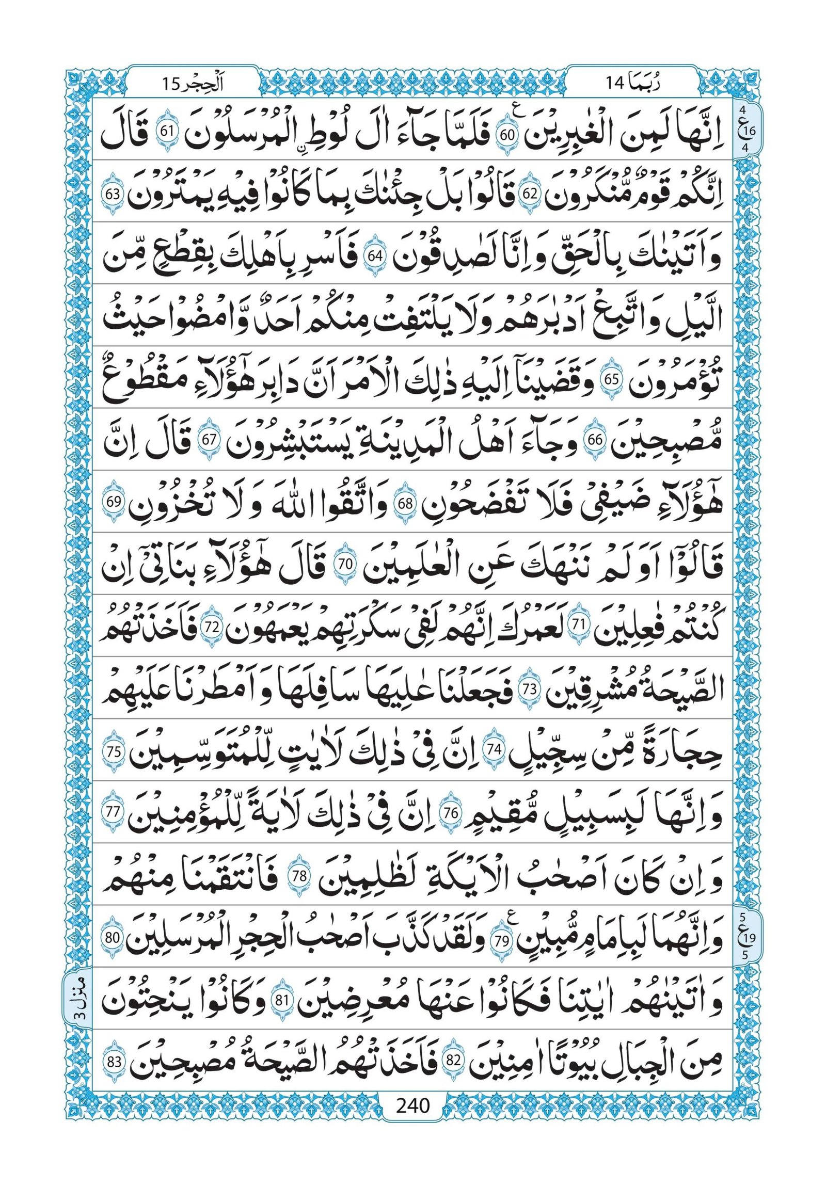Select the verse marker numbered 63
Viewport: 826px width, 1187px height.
point(113,196)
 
